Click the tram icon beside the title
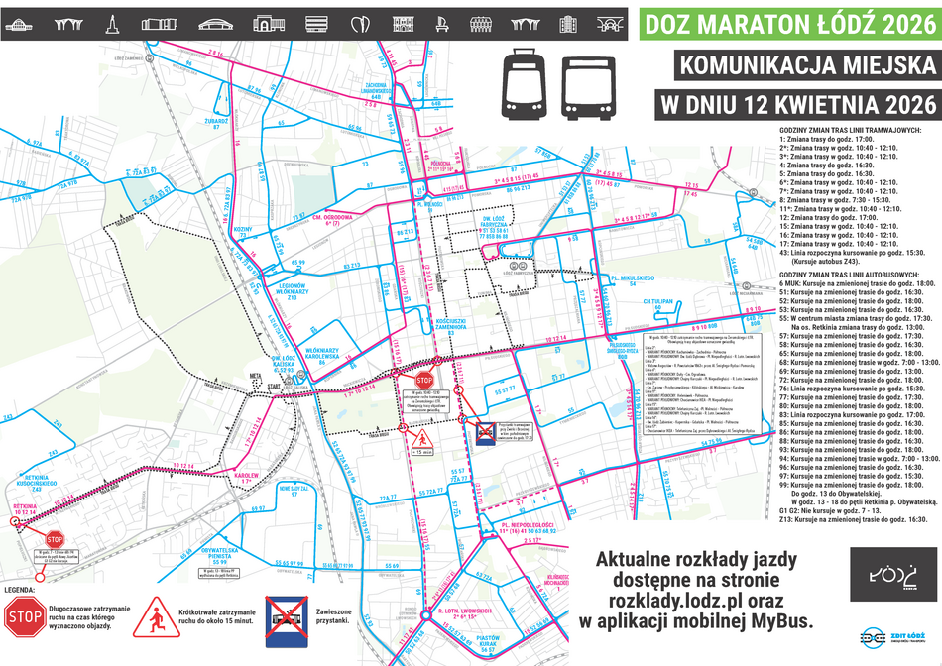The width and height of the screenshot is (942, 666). click(x=523, y=82)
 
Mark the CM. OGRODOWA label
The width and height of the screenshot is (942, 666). click(x=333, y=218)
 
